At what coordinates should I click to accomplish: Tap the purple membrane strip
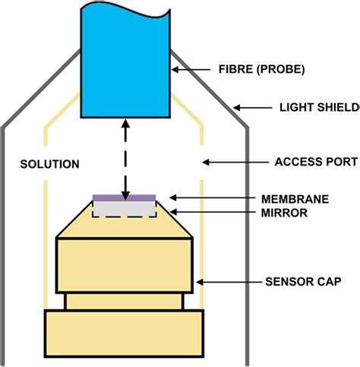[x=125, y=198]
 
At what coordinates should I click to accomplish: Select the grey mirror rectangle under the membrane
[x=125, y=207]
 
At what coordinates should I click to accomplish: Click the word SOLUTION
[x=49, y=164]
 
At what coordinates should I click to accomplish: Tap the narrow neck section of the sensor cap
[x=124, y=301]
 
